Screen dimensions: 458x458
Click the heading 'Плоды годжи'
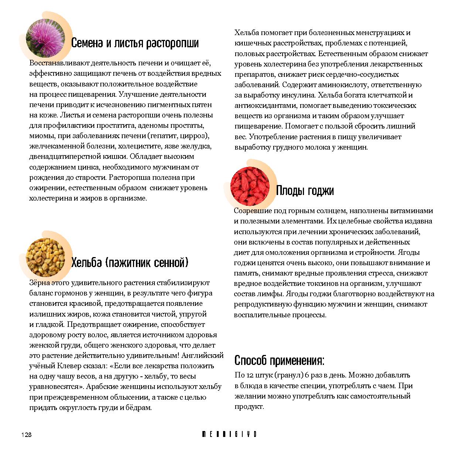point(305,191)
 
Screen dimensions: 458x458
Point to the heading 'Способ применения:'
point(279,360)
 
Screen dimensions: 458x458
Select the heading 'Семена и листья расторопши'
point(134,43)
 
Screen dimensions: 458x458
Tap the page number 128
point(26,435)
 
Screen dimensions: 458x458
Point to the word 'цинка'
point(88,167)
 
